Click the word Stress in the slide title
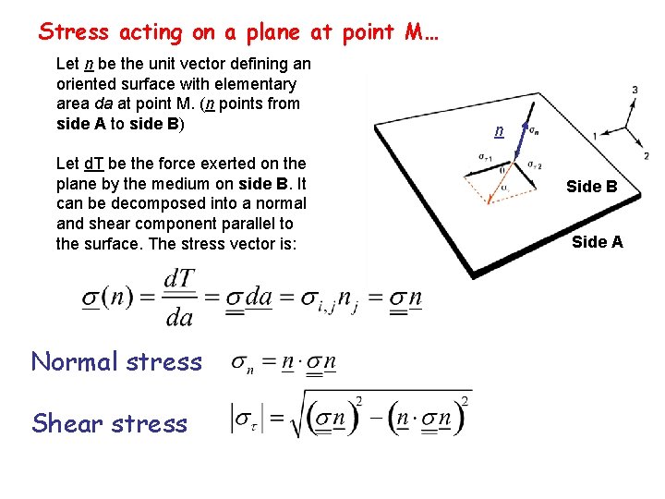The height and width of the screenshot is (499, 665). (73, 32)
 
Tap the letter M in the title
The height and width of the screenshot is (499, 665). (414, 32)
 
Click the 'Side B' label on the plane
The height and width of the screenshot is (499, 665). (591, 187)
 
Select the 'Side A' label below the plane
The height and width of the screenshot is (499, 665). (597, 242)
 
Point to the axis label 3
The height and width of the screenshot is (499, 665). (635, 90)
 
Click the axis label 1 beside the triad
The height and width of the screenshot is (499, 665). (594, 136)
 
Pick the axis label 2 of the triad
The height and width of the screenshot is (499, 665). (646, 155)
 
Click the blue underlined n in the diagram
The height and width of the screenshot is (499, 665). (499, 131)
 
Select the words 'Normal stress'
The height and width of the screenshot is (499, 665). (116, 361)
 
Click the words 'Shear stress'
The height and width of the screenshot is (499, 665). (109, 423)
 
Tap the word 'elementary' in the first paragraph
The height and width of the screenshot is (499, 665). (259, 84)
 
